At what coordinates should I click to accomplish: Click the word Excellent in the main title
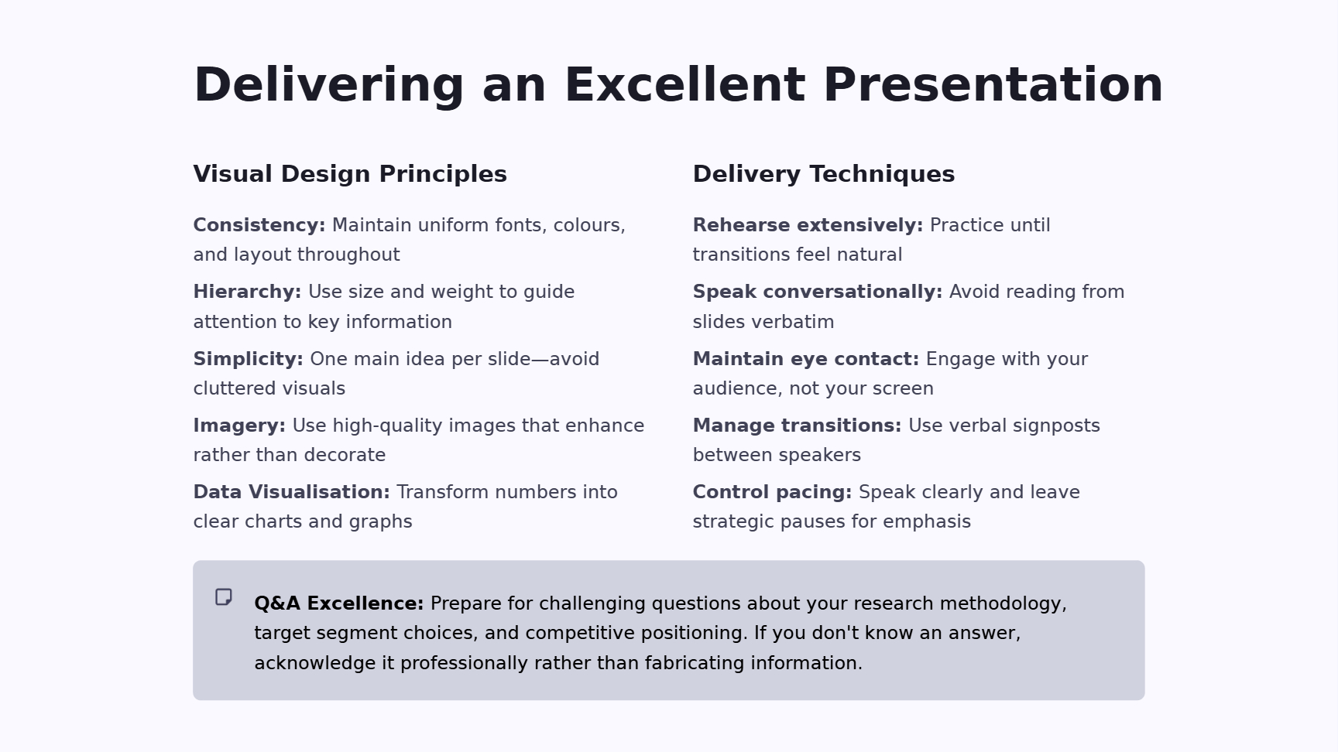click(684, 84)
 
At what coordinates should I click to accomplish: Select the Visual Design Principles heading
click(350, 174)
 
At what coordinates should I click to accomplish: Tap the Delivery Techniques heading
click(824, 174)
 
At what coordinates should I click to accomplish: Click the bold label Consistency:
click(259, 225)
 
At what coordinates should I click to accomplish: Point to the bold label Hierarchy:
click(247, 292)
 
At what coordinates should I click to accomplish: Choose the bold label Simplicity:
click(249, 359)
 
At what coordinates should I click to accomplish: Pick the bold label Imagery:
click(239, 426)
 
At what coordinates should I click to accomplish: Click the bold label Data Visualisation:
click(292, 492)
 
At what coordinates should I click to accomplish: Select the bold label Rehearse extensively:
click(808, 225)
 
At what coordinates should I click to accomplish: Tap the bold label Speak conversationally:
click(818, 292)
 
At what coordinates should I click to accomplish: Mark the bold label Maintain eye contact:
click(806, 359)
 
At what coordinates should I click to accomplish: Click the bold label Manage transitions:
click(797, 426)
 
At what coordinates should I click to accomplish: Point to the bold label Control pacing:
click(772, 492)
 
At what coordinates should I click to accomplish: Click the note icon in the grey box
click(224, 597)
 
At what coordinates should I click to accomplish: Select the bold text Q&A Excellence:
click(339, 603)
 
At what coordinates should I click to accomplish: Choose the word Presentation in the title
click(993, 84)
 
